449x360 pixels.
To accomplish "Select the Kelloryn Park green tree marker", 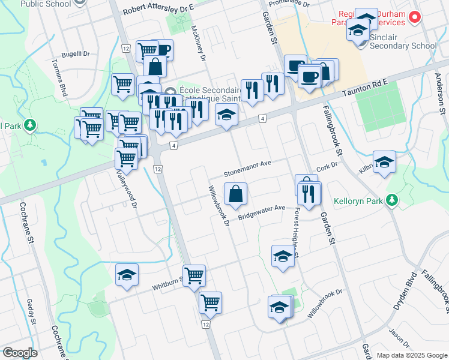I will (x=392, y=199).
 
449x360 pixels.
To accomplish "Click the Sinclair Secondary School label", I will (x=403, y=46).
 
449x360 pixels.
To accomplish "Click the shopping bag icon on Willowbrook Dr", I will (x=236, y=193).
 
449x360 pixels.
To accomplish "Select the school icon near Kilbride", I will (x=384, y=161).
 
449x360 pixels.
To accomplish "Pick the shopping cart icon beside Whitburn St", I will (x=194, y=276).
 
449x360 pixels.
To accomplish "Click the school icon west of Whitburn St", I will (x=127, y=274).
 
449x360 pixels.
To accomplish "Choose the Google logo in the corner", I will (x=20, y=353).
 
